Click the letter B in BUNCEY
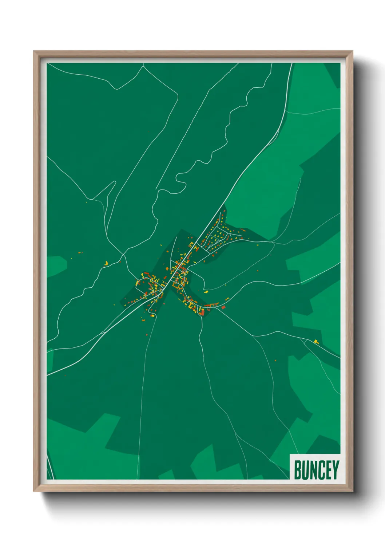click(x=297, y=470)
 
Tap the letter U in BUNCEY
click(x=305, y=470)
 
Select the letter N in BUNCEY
click(x=313, y=470)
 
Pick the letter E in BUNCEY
click(x=329, y=470)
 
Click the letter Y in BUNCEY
click(x=336, y=470)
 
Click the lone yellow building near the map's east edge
click(x=316, y=341)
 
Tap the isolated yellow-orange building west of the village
click(x=106, y=263)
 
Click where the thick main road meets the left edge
click(x=48, y=374)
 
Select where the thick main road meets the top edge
click(x=291, y=64)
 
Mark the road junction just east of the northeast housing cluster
click(x=271, y=241)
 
